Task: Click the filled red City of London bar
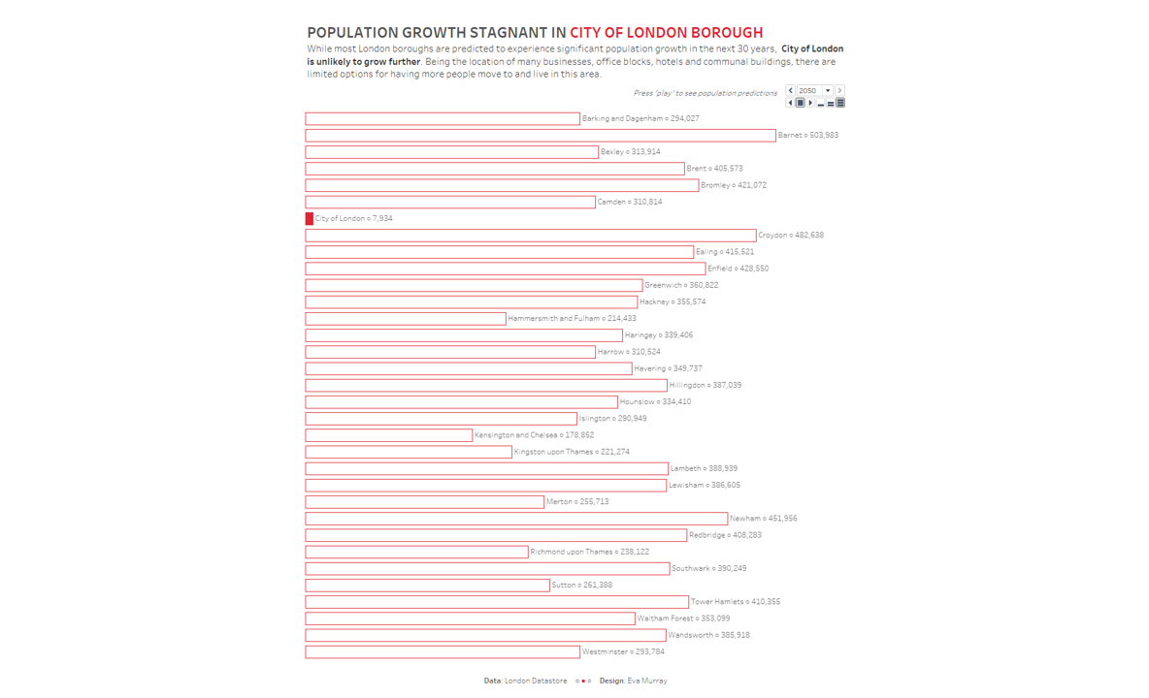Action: click(310, 219)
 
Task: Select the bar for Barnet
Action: click(540, 136)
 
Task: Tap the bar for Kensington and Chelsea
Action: click(388, 435)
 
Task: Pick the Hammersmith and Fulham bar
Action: click(405, 319)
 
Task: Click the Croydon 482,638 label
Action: click(791, 236)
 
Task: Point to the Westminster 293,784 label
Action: click(623, 652)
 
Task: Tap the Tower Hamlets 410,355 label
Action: click(735, 602)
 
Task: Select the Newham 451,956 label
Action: click(763, 519)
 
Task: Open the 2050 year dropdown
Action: click(828, 91)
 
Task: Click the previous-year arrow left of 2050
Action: click(791, 91)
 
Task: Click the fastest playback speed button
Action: click(840, 103)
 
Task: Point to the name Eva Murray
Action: click(646, 682)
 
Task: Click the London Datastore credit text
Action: click(536, 682)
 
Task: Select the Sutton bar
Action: click(427, 586)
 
